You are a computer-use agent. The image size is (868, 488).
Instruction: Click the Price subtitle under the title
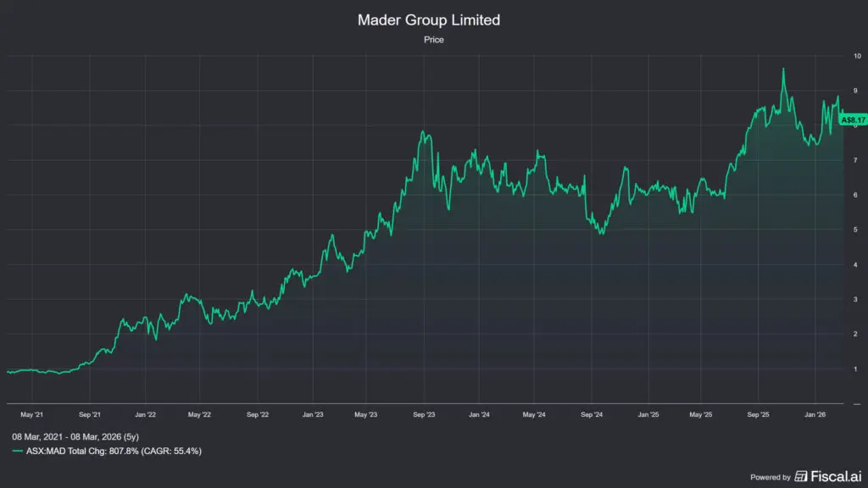[433, 39]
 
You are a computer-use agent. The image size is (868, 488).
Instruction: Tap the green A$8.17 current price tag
[852, 120]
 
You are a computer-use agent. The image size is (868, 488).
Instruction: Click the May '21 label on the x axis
[31, 415]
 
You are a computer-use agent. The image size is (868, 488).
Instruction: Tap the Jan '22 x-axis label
[145, 415]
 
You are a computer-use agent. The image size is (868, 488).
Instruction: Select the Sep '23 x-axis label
[424, 415]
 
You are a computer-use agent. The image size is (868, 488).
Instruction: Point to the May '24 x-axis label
[535, 415]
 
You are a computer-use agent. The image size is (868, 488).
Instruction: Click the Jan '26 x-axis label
[815, 415]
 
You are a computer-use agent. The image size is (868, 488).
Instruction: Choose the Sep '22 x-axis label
[258, 415]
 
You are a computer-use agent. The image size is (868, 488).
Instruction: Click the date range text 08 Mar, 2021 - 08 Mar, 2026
[77, 435]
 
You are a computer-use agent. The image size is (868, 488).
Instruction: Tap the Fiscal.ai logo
[826, 476]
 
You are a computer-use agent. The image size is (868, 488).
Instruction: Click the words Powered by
[771, 477]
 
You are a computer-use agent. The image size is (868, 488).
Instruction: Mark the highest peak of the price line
[782, 69]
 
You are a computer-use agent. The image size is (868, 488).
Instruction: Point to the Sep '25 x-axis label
[758, 415]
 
